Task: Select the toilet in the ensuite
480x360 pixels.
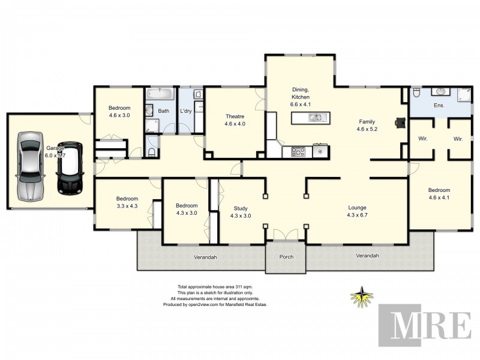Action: click(416, 92)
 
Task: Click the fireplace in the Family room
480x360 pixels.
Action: click(400, 122)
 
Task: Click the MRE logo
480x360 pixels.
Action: click(425, 326)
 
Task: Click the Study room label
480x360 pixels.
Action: click(240, 209)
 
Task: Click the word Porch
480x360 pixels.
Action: click(286, 257)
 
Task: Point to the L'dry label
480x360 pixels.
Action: click(185, 111)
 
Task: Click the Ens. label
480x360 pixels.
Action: click(440, 106)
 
